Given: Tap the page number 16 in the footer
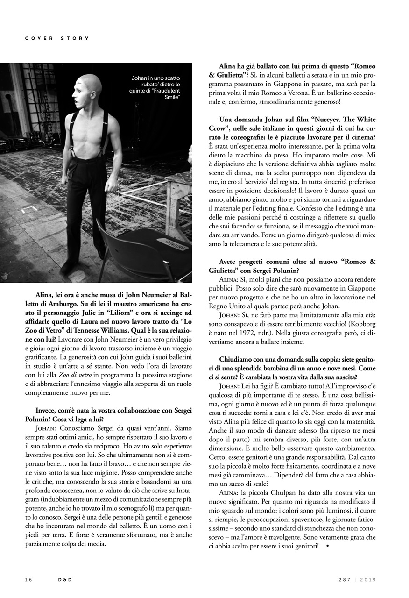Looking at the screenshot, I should (28, 580).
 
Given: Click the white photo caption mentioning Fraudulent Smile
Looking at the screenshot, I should (155, 87).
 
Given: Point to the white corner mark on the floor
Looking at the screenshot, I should (29, 210).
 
